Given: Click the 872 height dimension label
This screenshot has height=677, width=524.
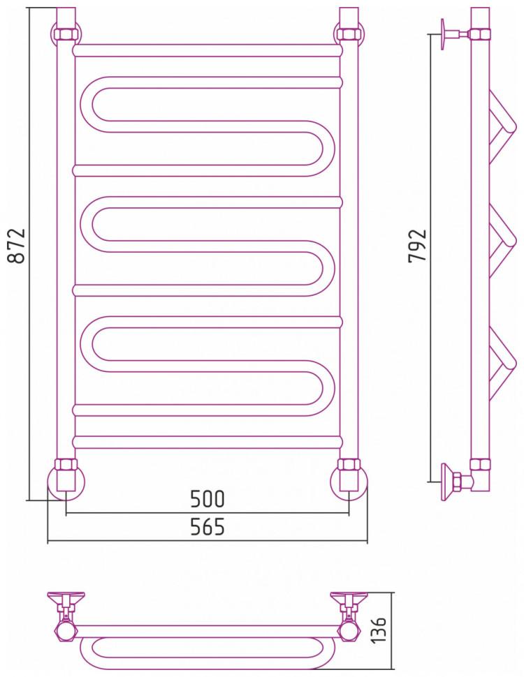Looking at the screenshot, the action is pos(17,246).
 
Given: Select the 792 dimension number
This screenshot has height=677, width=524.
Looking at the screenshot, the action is pos(417,246).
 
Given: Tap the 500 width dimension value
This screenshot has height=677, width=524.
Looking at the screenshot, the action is pos(208,499).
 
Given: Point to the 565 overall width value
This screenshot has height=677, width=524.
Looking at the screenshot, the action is pos(208,527).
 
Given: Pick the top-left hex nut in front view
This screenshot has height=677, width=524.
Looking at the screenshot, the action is pos(66,34).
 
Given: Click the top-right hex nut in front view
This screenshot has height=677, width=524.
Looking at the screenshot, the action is pos(348,34).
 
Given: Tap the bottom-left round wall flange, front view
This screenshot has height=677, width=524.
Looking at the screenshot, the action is pos(66,483).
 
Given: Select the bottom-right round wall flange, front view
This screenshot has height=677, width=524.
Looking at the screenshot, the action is pos(349,483).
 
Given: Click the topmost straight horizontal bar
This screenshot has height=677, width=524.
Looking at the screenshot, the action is pos(208,50).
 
